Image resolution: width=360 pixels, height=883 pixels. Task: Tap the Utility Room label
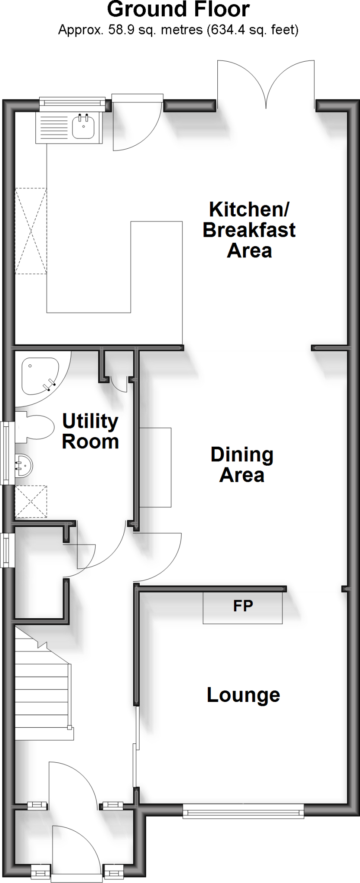[x=90, y=431]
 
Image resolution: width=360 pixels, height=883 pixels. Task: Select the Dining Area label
[x=242, y=465]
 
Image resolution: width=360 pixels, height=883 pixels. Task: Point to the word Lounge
[x=243, y=695]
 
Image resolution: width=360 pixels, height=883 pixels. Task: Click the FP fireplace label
[x=243, y=606]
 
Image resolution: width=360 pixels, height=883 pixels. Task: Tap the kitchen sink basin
[x=83, y=127]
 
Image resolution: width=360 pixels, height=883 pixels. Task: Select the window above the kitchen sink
[x=72, y=103]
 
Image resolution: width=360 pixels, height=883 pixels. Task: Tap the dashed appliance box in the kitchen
[x=31, y=231]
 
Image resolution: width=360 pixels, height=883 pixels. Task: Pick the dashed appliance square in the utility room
[x=31, y=501]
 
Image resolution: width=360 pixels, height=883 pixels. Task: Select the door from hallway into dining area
[x=157, y=556]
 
